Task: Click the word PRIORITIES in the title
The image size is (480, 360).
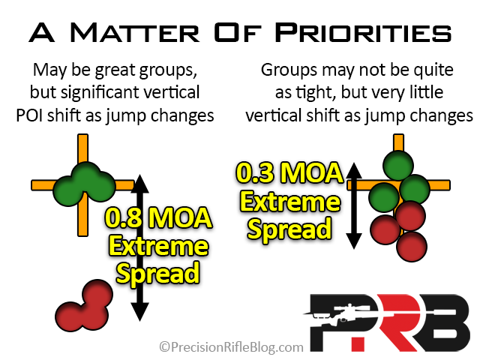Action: click(x=363, y=32)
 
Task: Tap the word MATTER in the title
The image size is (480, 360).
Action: click(x=135, y=32)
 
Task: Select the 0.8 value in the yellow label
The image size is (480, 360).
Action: click(x=124, y=218)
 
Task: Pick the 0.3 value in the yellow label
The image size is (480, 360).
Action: click(x=255, y=173)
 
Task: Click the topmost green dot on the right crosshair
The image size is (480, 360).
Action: click(x=398, y=166)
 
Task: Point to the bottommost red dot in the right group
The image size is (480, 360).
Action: click(x=412, y=247)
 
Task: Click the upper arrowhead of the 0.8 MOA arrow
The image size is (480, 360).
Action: click(x=140, y=184)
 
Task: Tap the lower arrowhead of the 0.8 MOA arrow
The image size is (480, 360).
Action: click(x=140, y=312)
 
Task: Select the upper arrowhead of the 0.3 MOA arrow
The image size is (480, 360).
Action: click(x=354, y=170)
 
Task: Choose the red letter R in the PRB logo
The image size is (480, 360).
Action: click(x=395, y=323)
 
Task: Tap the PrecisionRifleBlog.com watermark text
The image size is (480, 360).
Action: click(x=232, y=347)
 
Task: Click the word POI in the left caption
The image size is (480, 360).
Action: click(x=29, y=115)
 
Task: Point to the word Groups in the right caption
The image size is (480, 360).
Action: click(x=289, y=70)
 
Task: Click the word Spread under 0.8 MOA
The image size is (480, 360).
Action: click(x=158, y=274)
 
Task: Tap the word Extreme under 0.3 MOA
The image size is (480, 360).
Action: click(x=290, y=202)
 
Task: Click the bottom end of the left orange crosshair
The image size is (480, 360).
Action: click(x=83, y=235)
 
